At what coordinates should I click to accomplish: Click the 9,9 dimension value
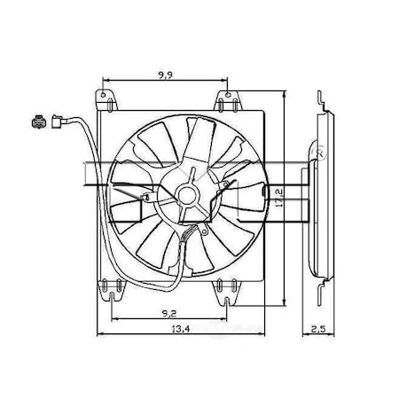(165, 75)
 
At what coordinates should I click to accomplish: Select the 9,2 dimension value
(169, 314)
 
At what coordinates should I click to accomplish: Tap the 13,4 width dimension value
(181, 328)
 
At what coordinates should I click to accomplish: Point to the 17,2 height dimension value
(278, 198)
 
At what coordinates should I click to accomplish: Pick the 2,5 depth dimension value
(318, 329)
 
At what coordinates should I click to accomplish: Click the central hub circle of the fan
(187, 195)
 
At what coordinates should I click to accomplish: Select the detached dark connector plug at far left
(39, 121)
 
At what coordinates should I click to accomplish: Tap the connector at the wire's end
(59, 121)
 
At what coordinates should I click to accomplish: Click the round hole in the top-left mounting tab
(103, 95)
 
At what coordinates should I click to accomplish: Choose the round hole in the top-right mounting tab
(228, 95)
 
